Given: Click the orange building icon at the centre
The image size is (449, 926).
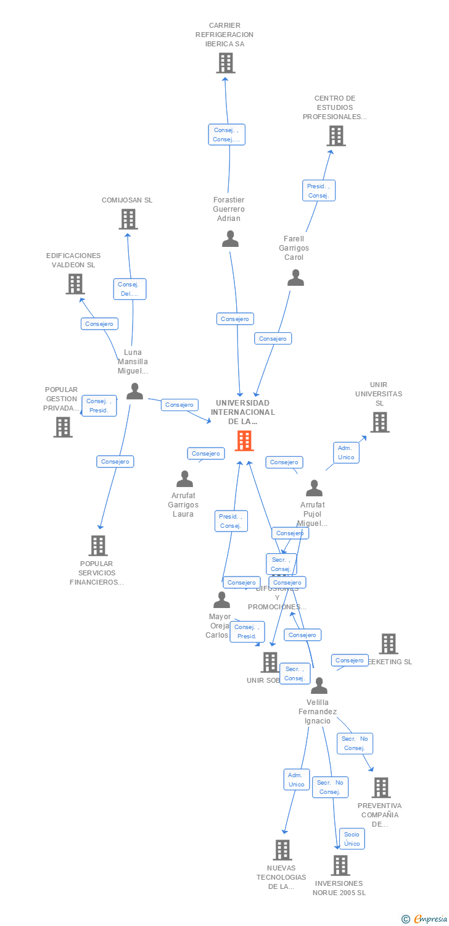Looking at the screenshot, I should (244, 441).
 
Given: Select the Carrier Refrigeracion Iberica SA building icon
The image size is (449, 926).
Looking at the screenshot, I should (225, 63).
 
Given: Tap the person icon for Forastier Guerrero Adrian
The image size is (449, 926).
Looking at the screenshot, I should (230, 239).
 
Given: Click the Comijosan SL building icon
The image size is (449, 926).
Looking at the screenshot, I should (128, 219).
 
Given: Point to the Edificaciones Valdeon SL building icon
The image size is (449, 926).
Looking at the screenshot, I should (75, 284).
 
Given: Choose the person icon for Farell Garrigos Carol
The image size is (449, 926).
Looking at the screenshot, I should (295, 278).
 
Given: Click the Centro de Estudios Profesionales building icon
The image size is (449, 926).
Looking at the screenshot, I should (336, 136).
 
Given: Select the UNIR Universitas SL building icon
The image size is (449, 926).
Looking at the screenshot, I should (379, 422).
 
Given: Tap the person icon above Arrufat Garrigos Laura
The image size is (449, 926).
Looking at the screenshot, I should (184, 479).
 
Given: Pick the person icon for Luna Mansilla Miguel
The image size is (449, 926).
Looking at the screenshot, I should (134, 391).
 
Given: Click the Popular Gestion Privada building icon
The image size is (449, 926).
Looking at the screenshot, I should (62, 427).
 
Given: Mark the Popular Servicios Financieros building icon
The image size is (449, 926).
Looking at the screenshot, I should (97, 546).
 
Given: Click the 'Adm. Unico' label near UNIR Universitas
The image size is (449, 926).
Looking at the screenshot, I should (346, 453).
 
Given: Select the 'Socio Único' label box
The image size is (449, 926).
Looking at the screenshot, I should (352, 839).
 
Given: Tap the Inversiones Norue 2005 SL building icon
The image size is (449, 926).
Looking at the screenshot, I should (340, 866).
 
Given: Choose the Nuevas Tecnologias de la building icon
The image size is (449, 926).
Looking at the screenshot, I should (282, 850).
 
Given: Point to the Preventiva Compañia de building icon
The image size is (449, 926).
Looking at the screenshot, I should (381, 788).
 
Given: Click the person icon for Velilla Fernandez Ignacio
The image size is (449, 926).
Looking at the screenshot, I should (319, 686).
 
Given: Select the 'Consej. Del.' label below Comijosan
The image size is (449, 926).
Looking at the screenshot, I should (130, 289).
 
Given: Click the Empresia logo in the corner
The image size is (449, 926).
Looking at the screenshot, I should (425, 919).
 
